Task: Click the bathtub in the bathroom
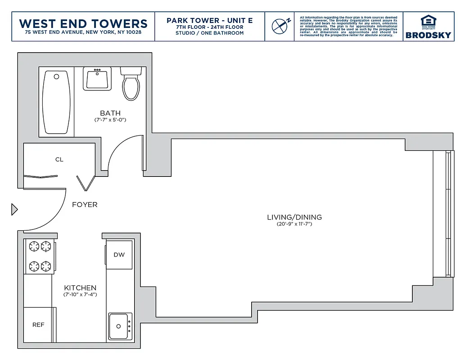click(x=56, y=102)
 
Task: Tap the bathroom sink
click(x=97, y=79)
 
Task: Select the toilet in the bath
click(x=131, y=84)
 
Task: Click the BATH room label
click(x=110, y=113)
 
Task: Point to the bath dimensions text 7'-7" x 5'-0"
click(x=110, y=120)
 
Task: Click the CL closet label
click(x=59, y=159)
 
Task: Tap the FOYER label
click(x=85, y=205)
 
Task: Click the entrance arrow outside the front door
click(x=14, y=209)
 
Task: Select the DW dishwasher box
click(x=119, y=255)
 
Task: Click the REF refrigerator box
click(x=38, y=324)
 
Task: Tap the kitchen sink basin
click(x=119, y=327)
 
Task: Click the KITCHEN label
click(x=80, y=288)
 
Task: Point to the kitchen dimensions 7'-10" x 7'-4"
click(x=80, y=295)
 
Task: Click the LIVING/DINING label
click(x=294, y=217)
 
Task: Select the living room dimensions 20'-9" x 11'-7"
click(x=294, y=224)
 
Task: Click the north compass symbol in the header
click(x=281, y=26)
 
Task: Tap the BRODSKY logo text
click(x=428, y=35)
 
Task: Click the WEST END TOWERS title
click(x=83, y=23)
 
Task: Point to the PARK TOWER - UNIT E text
click(x=209, y=21)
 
